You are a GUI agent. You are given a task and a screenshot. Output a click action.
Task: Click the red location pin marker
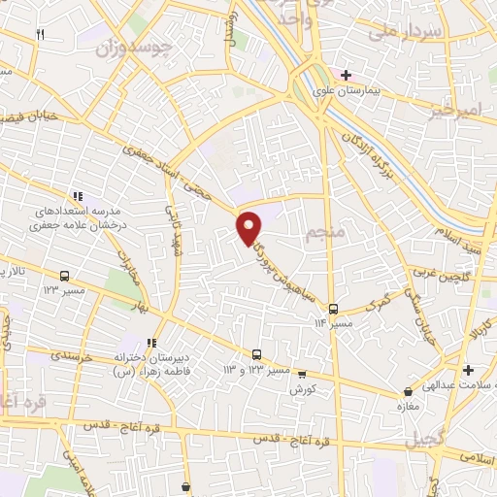[x=249, y=227]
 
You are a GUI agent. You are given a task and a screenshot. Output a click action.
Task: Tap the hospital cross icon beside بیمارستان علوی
[x=346, y=74]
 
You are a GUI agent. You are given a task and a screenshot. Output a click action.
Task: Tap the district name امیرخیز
[x=453, y=113]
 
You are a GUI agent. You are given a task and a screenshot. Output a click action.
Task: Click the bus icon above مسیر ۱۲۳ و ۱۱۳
[x=256, y=355]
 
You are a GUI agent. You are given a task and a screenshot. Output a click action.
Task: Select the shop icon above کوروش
[x=302, y=374]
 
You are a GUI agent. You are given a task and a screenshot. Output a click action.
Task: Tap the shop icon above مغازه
[x=409, y=392]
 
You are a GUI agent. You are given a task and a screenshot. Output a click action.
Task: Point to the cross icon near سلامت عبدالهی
[x=468, y=370]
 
